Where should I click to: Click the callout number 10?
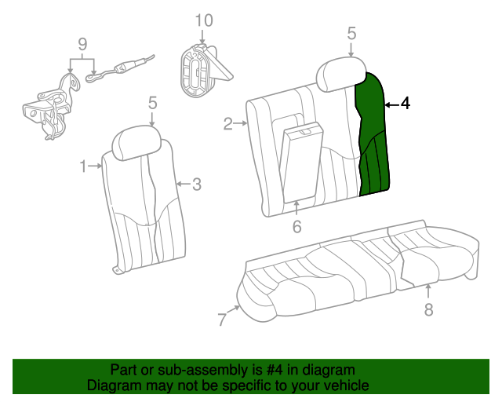(x=204, y=20)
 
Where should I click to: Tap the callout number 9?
(x=82, y=44)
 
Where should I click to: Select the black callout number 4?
(x=405, y=104)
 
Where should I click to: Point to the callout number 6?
(x=296, y=227)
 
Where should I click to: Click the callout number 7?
(x=222, y=320)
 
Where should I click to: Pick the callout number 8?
(x=429, y=309)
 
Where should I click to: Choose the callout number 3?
(x=197, y=185)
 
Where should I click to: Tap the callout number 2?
(x=227, y=124)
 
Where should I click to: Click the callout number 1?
(x=83, y=166)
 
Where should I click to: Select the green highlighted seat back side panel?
(x=373, y=134)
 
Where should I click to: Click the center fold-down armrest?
(x=302, y=163)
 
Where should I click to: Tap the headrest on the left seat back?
(x=136, y=143)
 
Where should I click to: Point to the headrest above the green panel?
(x=341, y=74)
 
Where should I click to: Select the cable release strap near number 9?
(x=120, y=68)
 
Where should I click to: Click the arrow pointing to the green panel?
(x=391, y=105)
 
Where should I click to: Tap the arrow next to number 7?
(x=234, y=309)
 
